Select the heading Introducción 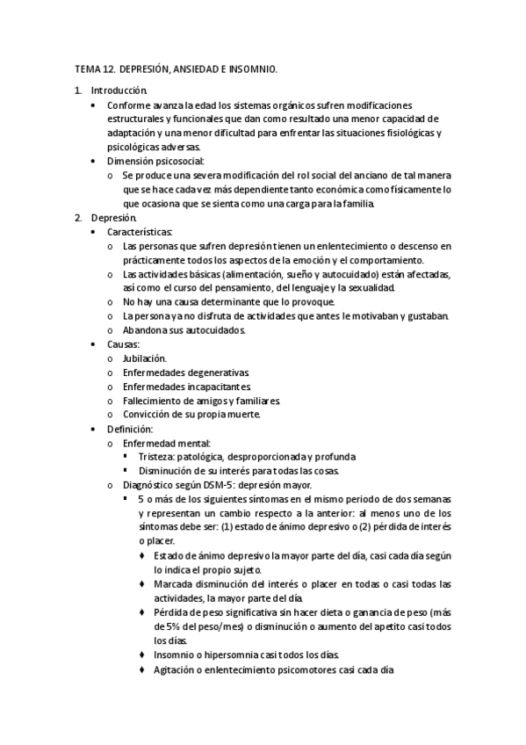[x=119, y=90]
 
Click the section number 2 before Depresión [x=78, y=216]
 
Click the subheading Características [x=147, y=231]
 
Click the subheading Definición [x=130, y=429]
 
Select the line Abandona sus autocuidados [x=184, y=330]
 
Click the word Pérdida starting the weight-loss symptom [x=171, y=612]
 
